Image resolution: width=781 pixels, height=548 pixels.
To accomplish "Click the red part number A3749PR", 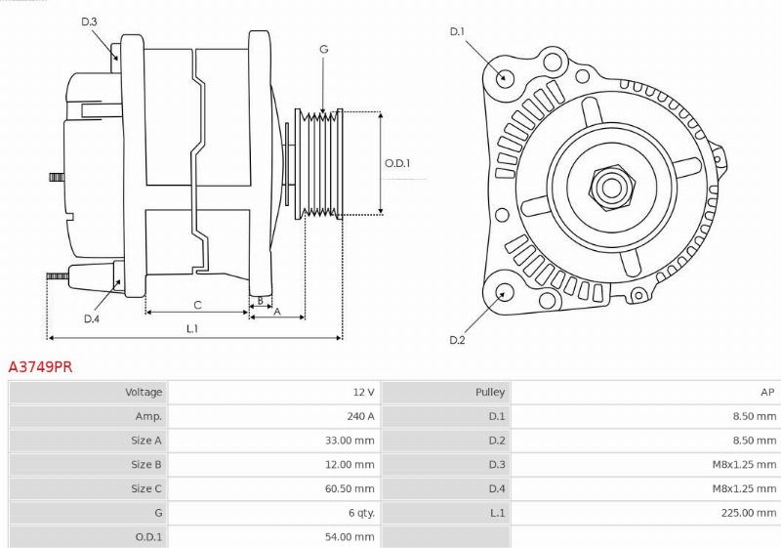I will [40, 367].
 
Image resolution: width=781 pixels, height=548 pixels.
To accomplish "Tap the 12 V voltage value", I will [363, 392].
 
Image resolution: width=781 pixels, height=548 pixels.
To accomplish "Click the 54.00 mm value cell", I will [349, 537].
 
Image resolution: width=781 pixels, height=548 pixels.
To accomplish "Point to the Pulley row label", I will [490, 392].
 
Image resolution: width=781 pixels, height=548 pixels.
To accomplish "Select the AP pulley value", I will [767, 392].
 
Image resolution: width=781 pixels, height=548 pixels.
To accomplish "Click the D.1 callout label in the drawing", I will [456, 32].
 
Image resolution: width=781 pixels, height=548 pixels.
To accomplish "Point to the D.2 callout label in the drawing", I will [457, 340].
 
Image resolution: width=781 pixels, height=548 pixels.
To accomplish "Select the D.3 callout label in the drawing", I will [89, 21].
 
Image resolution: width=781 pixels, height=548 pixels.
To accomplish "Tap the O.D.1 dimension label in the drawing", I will [397, 163].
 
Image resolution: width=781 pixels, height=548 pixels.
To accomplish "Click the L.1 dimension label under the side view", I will [192, 328].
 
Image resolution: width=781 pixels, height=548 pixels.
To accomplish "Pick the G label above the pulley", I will [323, 49].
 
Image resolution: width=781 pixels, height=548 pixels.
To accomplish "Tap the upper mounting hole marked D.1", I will [505, 77].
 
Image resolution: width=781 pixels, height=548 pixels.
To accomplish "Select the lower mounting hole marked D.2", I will [505, 291].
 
